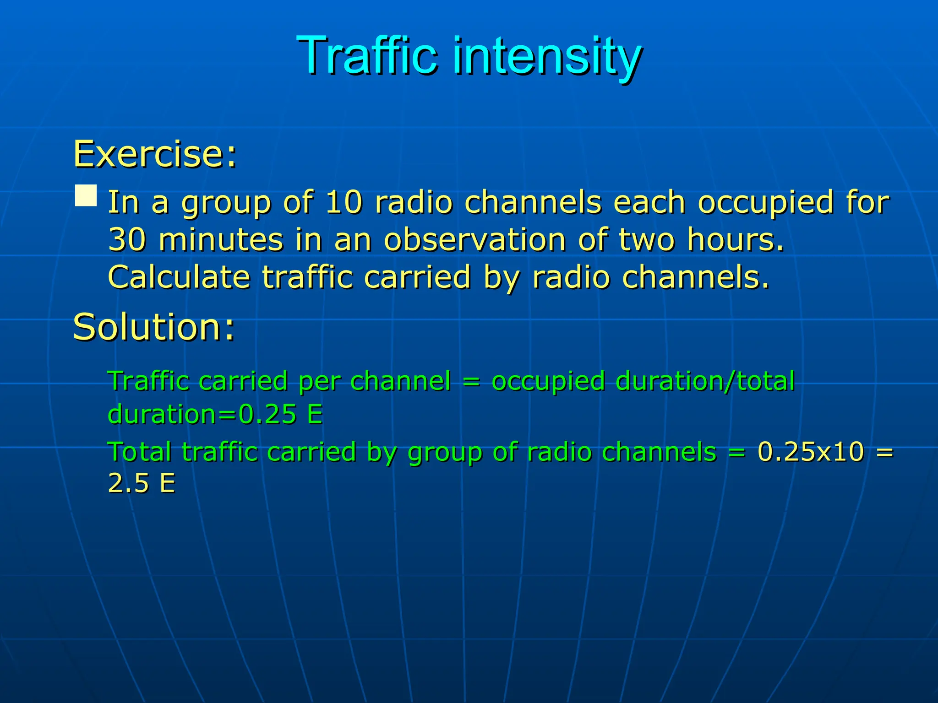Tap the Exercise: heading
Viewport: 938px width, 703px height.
tap(155, 154)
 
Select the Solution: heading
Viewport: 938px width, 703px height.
tap(154, 327)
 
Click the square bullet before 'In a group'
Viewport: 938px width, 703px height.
tap(86, 196)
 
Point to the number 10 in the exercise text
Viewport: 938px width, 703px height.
tap(344, 202)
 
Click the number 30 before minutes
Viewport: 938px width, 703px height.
tap(127, 239)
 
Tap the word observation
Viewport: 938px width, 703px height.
tap(475, 239)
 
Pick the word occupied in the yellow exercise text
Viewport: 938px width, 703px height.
tap(765, 202)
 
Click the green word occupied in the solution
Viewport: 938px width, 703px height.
tap(548, 381)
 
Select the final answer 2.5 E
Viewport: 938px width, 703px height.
tap(142, 483)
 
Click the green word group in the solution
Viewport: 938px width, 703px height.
tap(445, 452)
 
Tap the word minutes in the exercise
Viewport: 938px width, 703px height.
tap(221, 239)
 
